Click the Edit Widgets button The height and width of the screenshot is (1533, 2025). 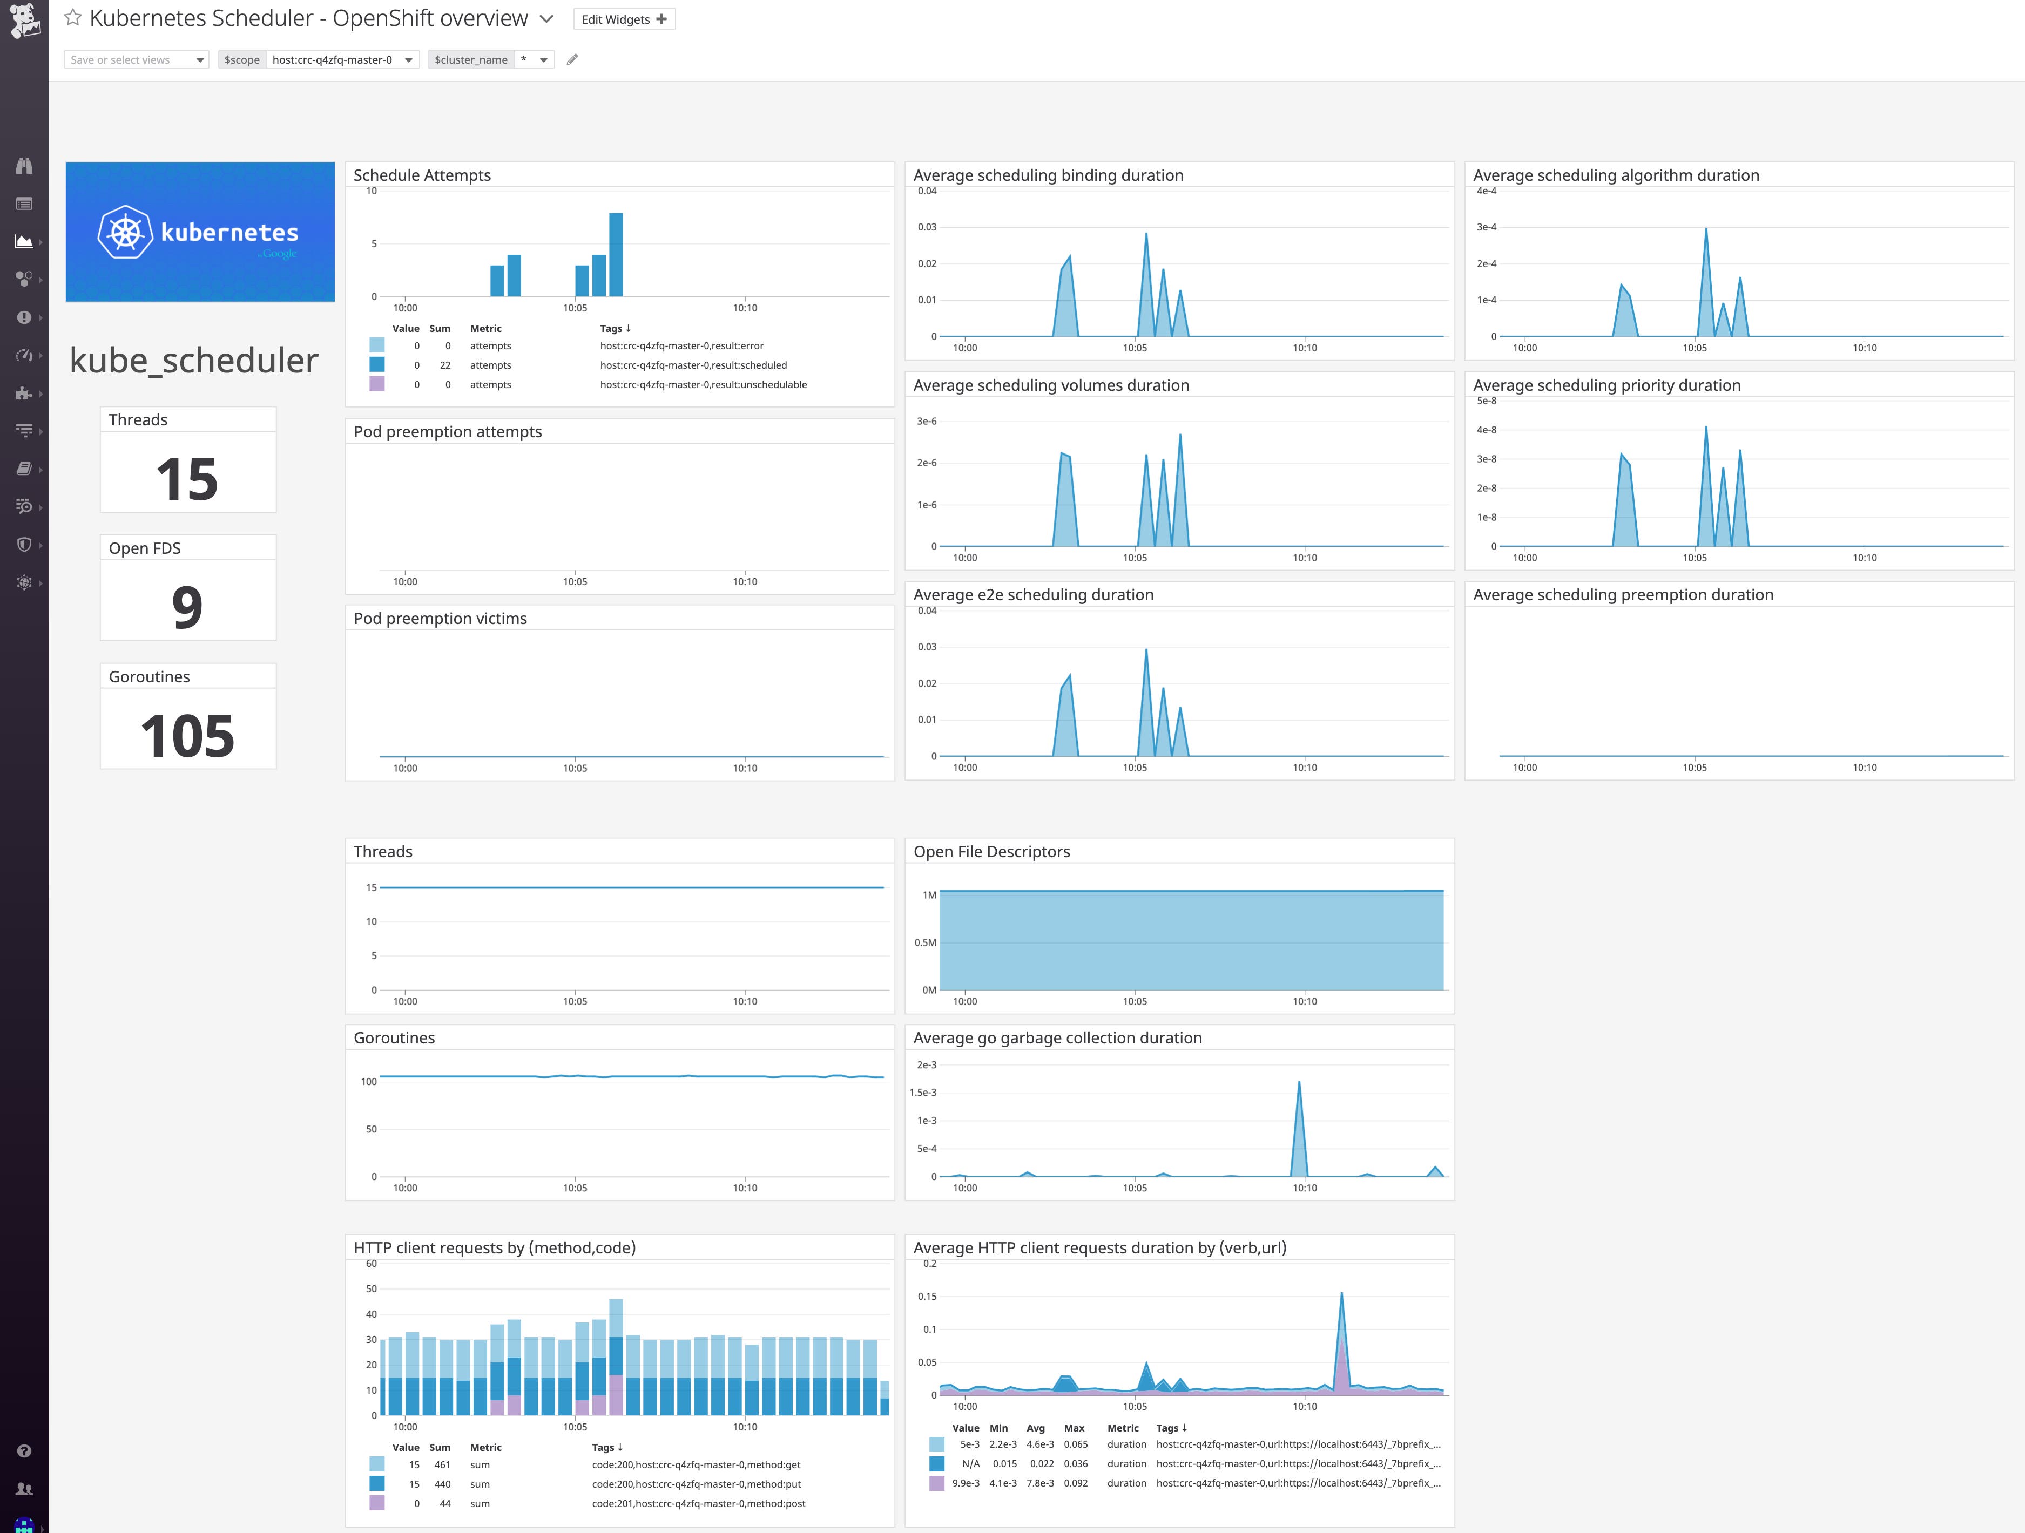[x=623, y=19]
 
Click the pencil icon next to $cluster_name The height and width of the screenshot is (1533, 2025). [x=572, y=59]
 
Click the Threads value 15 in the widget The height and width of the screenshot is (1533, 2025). [x=188, y=479]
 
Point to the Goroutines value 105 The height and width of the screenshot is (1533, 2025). [x=188, y=736]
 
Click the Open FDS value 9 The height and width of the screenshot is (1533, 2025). [x=188, y=607]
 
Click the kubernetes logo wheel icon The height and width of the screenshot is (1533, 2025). [x=125, y=232]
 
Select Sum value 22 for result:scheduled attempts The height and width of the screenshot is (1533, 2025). [x=445, y=365]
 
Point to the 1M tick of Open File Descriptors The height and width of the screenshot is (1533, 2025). [x=929, y=895]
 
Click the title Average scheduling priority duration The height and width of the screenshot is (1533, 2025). [x=1606, y=385]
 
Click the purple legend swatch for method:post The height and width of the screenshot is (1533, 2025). [x=377, y=1503]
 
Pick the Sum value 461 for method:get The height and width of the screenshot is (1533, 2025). [x=442, y=1464]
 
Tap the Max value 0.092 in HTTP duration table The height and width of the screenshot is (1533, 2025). [x=1076, y=1483]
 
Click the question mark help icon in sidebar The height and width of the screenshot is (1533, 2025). [x=25, y=1450]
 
